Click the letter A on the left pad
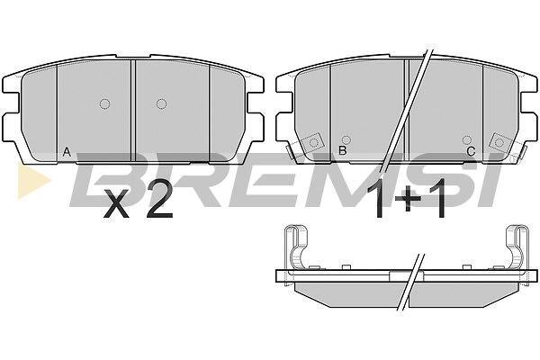tap(67, 152)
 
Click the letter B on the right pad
tap(342, 150)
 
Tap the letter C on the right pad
tap(471, 151)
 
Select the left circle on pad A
tap(104, 103)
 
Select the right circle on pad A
tap(161, 103)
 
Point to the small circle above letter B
tap(346, 139)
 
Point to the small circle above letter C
tap(467, 139)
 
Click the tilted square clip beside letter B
tap(312, 142)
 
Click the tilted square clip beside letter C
tap(500, 142)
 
